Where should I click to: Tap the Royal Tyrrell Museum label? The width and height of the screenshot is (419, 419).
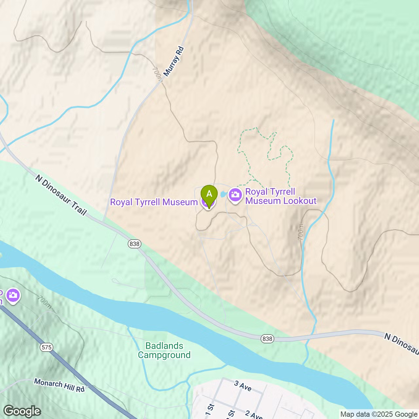pos(154,202)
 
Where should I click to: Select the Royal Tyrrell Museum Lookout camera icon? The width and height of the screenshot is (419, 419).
pos(235,195)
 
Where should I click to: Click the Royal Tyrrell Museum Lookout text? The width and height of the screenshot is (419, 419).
pos(281,196)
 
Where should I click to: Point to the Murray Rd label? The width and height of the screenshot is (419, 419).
pos(174,62)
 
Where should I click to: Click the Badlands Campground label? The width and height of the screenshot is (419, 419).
pos(164,350)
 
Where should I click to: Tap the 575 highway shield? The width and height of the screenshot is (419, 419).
pos(47,347)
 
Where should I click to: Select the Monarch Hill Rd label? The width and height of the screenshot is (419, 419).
pos(59,385)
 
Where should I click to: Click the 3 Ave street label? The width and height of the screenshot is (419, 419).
pos(243,386)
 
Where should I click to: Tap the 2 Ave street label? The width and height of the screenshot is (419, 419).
pos(253,415)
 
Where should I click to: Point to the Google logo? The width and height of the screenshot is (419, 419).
pos(22,411)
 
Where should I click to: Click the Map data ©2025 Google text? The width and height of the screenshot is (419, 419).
pos(379,414)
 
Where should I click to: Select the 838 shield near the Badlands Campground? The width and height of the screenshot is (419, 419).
pos(267,339)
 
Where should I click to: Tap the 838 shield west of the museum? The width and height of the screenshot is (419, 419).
pos(134,244)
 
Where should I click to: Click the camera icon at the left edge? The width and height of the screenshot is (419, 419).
pos(13,295)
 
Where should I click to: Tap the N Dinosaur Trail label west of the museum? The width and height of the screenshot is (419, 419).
pos(61,195)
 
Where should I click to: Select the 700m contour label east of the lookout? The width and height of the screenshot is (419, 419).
pos(301,232)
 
